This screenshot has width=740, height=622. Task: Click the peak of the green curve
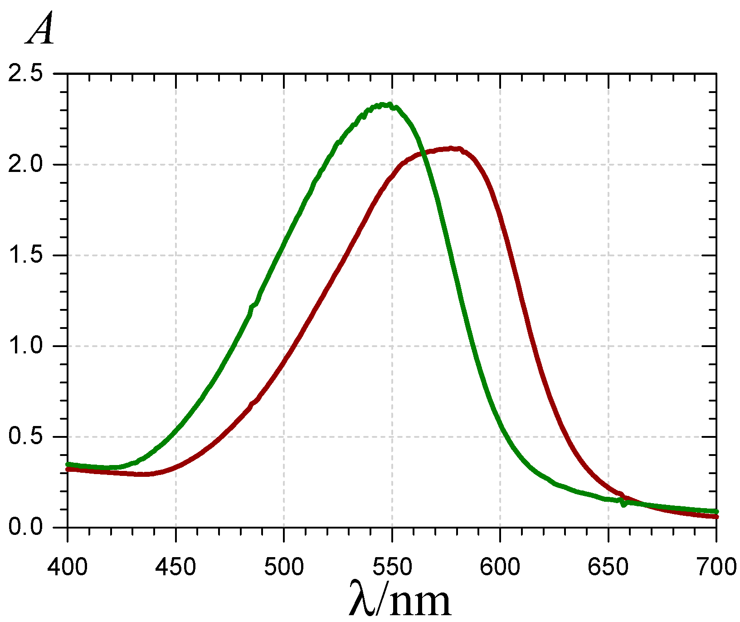coord(385,105)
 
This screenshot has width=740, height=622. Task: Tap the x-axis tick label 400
coord(68,567)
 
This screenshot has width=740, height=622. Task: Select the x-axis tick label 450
coord(175,567)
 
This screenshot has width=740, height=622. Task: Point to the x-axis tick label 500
coord(284,567)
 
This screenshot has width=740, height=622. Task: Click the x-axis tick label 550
coord(392,567)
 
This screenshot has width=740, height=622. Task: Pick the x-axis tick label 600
coord(500,567)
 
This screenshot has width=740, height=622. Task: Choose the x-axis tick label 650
coord(608,567)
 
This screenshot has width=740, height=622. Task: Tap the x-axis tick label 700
coord(716,567)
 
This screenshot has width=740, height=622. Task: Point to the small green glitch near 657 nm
coord(624,504)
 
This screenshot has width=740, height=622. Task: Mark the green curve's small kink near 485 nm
coord(252,307)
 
